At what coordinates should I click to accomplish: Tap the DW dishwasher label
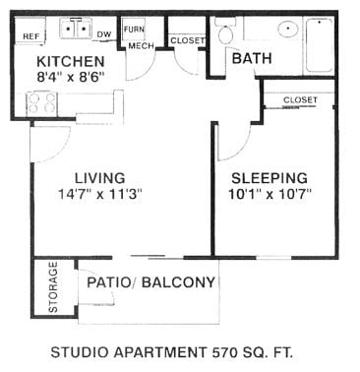(x=104, y=34)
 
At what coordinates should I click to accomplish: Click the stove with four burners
(x=42, y=100)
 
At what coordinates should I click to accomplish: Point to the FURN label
(x=134, y=30)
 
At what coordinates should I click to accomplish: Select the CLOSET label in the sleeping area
(x=299, y=100)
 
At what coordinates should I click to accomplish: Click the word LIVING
(x=99, y=178)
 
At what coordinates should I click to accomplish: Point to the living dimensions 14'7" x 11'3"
(x=100, y=194)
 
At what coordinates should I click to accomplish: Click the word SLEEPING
(x=271, y=178)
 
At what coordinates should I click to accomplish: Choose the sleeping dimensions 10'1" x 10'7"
(x=271, y=194)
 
